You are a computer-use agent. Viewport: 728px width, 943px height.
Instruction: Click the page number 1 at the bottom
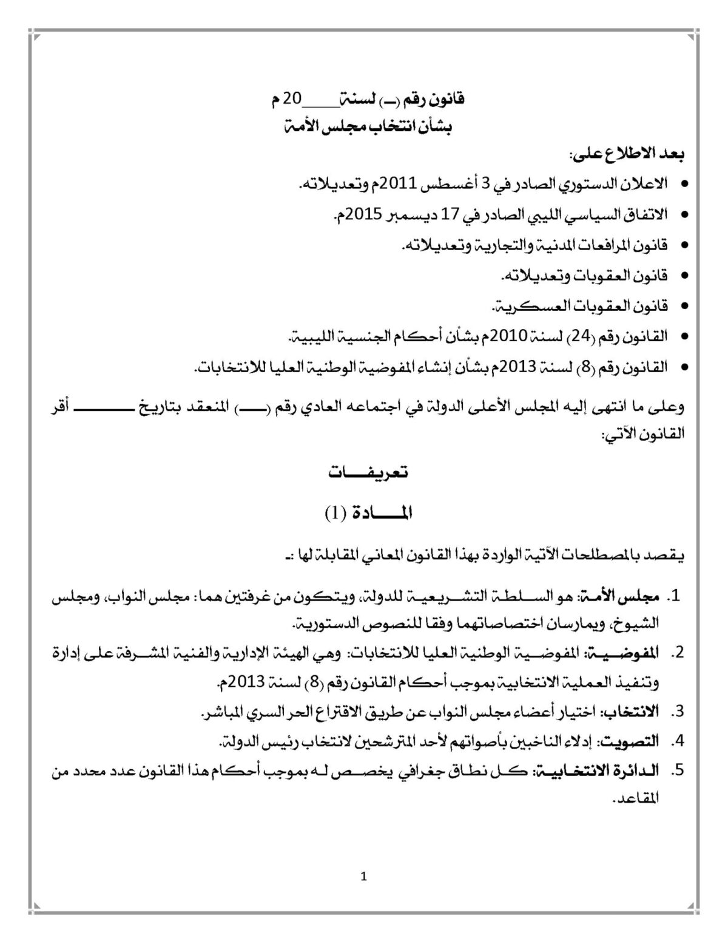click(x=363, y=876)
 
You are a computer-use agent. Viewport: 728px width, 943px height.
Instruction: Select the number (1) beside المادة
click(x=334, y=513)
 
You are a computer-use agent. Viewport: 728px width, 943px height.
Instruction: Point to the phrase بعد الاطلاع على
click(x=630, y=155)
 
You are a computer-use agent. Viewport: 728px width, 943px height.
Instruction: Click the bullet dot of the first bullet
click(x=685, y=183)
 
